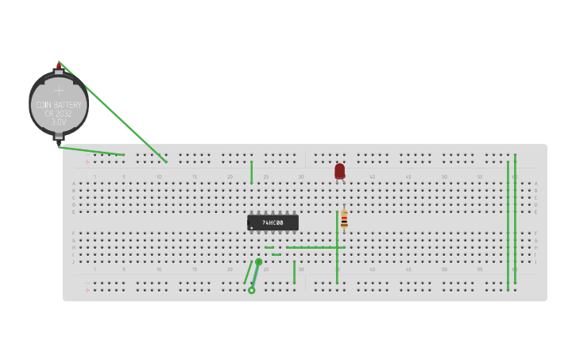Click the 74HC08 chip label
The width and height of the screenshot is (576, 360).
click(273, 223)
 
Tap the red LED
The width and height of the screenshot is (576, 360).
click(339, 171)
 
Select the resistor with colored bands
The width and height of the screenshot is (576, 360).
click(344, 219)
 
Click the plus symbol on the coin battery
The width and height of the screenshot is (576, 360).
click(59, 91)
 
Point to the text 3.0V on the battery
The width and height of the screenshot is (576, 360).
click(59, 122)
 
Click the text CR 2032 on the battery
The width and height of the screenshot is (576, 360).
click(59, 114)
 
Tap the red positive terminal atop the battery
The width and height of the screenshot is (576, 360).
click(58, 67)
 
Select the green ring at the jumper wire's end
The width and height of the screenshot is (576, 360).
click(252, 290)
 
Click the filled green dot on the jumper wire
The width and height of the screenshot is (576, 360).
click(258, 261)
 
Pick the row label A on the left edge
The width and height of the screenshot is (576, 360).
click(74, 184)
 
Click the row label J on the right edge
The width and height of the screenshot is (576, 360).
click(535, 261)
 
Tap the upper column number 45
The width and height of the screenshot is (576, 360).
click(408, 176)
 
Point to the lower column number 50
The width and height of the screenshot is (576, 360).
click(444, 269)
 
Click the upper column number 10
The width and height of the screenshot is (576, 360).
click(159, 176)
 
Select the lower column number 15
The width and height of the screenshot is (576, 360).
click(195, 269)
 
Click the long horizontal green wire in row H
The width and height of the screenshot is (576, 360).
click(315, 247)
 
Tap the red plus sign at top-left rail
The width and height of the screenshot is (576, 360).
click(87, 162)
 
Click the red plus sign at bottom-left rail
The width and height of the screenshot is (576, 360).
click(87, 290)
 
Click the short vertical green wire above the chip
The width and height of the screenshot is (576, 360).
click(252, 172)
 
